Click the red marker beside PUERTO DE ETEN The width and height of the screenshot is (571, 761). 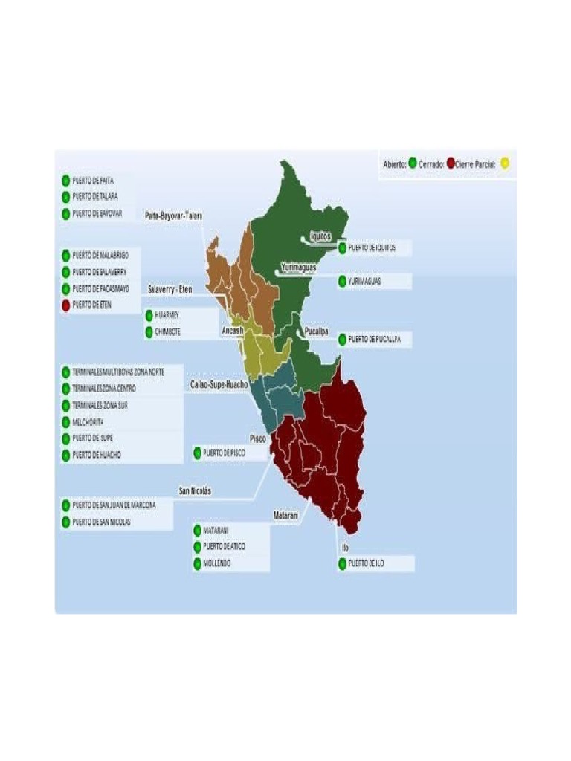[66, 305]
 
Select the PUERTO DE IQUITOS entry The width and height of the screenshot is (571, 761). [372, 247]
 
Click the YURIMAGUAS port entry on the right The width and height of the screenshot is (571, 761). [364, 282]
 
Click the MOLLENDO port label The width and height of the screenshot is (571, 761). [216, 563]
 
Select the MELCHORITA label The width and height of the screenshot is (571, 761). [88, 421]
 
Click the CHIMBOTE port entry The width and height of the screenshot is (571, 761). [167, 332]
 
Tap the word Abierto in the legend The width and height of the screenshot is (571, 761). [394, 164]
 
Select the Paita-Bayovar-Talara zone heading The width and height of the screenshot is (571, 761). [174, 216]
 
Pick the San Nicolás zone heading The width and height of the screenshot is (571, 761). [195, 490]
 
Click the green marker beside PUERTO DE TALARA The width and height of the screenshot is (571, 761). [66, 197]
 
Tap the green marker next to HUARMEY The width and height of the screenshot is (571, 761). [149, 315]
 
